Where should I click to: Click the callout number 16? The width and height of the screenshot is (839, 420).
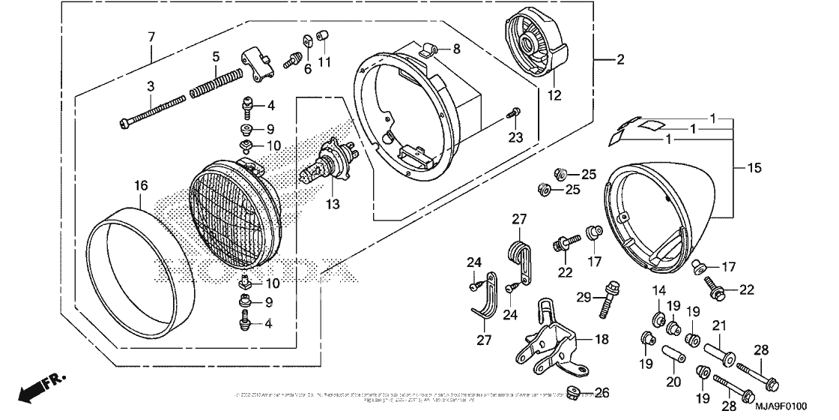pos(141,186)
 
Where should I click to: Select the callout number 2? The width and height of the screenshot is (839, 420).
pos(620,61)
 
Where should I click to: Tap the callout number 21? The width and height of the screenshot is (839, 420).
pos(719,325)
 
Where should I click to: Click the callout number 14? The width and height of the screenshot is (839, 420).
pos(658,290)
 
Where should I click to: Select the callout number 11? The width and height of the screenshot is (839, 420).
pos(324,61)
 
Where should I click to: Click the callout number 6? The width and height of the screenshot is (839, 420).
pos(307,67)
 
